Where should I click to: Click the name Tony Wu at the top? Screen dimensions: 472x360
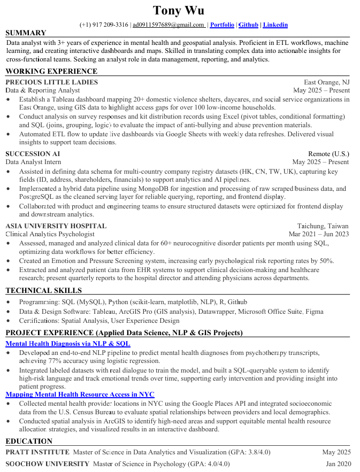178,10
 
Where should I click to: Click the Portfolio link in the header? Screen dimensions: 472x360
222,25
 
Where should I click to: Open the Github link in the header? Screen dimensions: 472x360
248,25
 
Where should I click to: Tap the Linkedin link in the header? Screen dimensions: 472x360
275,25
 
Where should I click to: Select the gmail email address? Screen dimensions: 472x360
168,25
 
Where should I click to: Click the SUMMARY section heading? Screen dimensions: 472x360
26,33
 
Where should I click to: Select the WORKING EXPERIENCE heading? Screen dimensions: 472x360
51,72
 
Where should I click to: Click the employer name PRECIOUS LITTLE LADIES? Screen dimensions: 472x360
52,82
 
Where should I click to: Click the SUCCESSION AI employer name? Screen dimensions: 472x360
33,154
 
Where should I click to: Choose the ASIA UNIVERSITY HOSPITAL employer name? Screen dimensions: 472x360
56,226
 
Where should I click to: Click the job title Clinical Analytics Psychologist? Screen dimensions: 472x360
50,234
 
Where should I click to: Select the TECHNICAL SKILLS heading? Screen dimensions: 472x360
44,291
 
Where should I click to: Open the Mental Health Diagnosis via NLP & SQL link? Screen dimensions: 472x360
67,344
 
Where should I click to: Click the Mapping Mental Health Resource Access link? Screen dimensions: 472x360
80,394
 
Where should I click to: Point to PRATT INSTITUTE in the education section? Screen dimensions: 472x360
37,452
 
